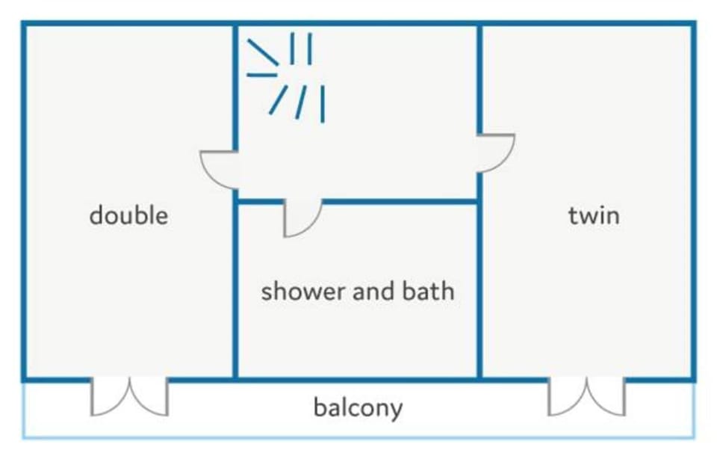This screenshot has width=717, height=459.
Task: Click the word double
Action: tap(128, 215)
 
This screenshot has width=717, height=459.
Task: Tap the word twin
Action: tap(594, 215)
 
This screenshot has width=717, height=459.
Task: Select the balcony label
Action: tap(358, 407)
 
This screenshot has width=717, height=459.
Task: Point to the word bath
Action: tap(428, 291)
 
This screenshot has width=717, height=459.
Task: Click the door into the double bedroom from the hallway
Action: tap(219, 170)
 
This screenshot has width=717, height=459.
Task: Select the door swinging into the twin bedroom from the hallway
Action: tap(496, 153)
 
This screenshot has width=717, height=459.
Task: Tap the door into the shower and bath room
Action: tap(302, 218)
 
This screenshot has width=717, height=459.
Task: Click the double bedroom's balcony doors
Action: tap(129, 397)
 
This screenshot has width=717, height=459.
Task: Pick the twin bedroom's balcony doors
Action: tap(586, 397)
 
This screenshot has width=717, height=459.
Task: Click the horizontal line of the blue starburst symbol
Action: tap(262, 75)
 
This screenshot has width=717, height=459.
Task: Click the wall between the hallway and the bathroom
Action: tap(400, 201)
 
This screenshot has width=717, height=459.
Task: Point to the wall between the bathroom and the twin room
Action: tap(479, 290)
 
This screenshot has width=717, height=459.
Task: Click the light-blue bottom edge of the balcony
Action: tap(358, 437)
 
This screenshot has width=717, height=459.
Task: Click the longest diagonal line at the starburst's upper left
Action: tap(263, 52)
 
